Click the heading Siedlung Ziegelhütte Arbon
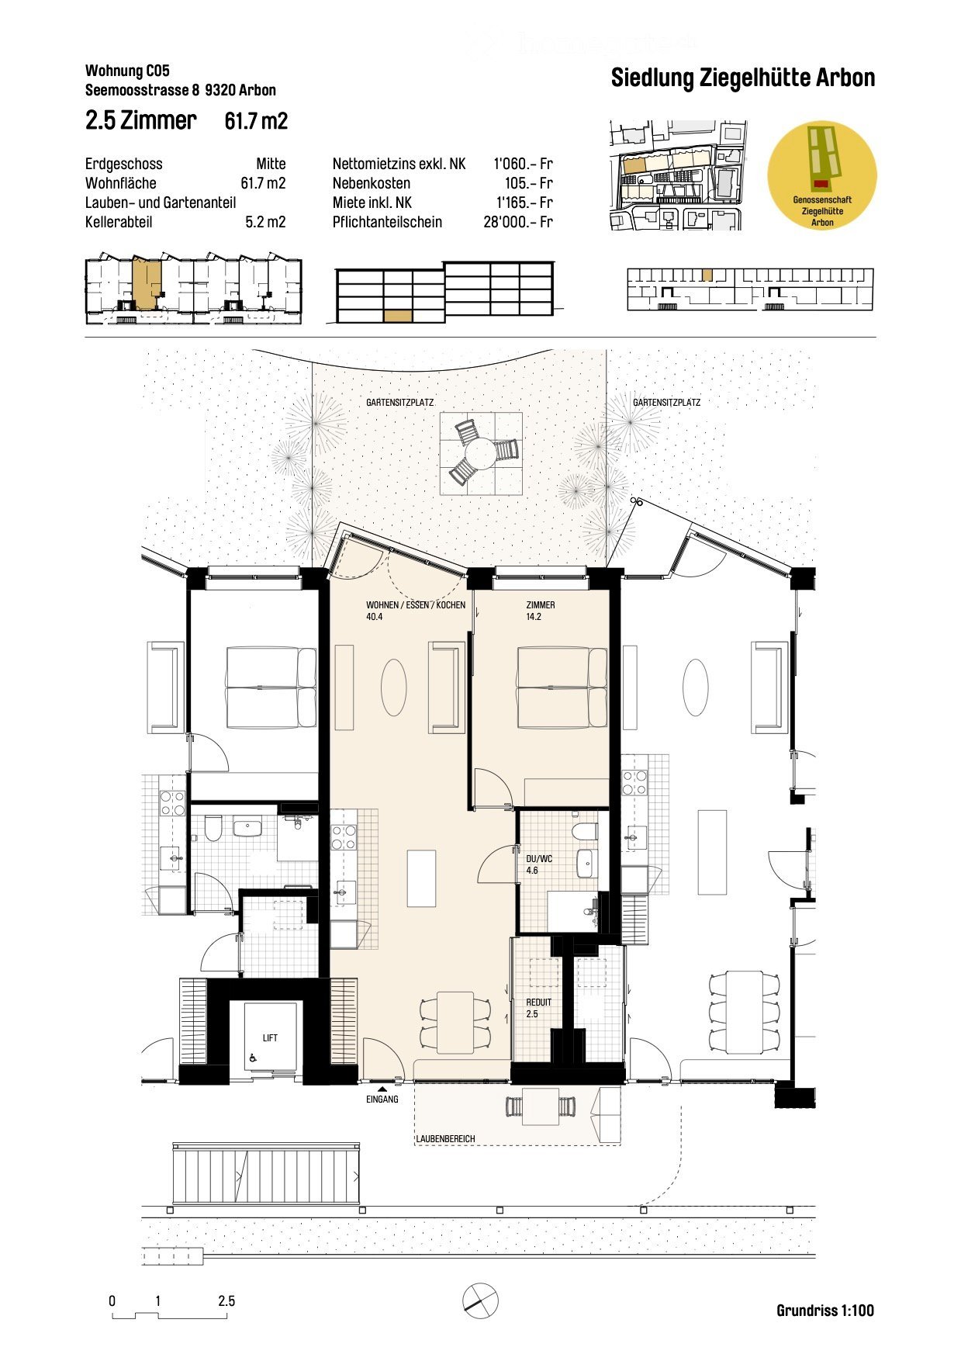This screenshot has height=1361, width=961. (742, 78)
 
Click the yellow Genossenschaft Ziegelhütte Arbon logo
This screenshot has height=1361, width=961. (821, 175)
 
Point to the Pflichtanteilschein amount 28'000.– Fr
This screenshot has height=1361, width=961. (517, 222)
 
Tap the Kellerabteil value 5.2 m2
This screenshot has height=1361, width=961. (265, 222)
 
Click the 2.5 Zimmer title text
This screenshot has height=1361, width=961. (140, 121)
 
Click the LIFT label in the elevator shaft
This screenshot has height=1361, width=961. (270, 1037)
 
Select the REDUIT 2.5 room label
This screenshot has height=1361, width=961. (538, 1008)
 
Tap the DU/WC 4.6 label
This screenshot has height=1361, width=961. (538, 864)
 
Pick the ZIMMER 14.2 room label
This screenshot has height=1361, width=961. (540, 611)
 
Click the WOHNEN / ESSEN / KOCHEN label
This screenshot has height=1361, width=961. (415, 605)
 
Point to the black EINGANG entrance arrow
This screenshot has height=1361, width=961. (382, 1089)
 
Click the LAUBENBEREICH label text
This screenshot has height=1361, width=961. (445, 1139)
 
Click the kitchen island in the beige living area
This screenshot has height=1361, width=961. (421, 878)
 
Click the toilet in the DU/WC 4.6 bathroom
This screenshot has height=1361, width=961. (584, 832)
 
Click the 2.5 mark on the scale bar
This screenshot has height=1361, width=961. (226, 1301)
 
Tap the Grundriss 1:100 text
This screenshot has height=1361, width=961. (824, 1311)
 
